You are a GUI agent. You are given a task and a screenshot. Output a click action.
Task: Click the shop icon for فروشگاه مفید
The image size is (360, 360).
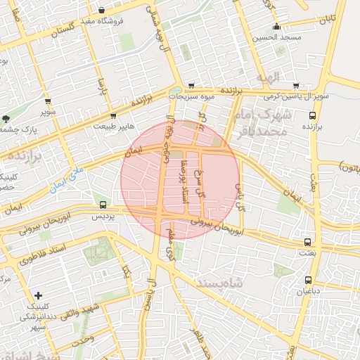coord(103,11)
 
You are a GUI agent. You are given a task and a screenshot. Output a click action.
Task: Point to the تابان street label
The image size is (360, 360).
coord(339,15)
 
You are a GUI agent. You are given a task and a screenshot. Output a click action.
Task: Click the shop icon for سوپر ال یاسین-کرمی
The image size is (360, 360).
coord(295,84)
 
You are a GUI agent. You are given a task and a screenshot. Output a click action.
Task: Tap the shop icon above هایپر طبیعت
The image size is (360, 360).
coord(112,115)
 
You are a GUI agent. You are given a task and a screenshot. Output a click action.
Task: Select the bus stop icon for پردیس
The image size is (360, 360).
coord(103,205)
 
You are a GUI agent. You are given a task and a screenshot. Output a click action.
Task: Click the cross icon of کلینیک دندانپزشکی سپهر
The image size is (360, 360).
coord(38,295)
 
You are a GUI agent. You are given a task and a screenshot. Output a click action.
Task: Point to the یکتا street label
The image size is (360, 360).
coord(126,271)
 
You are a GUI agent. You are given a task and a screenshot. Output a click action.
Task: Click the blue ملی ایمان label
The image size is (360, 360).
coord(67,180)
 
